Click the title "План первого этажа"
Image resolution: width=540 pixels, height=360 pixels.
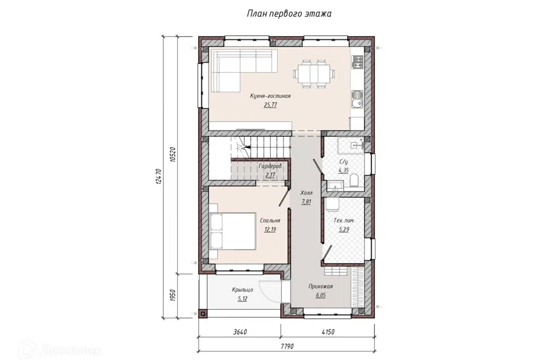point(289,13)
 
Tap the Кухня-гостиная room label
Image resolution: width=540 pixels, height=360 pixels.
point(270,96)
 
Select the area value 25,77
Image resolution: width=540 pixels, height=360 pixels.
point(271,105)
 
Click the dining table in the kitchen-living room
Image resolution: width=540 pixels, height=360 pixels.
point(314,74)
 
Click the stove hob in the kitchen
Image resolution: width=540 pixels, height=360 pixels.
point(358,62)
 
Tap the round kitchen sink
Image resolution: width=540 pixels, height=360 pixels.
point(356,94)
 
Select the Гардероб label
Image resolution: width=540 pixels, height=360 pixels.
point(271,166)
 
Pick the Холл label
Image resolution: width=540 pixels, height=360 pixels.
point(306,193)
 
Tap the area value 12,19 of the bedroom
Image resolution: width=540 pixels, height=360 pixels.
point(271,229)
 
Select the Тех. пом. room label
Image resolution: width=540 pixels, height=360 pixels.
point(344,220)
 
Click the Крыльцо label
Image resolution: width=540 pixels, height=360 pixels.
point(242,290)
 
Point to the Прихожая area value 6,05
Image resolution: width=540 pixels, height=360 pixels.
point(321,295)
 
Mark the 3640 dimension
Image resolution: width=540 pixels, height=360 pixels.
point(240,332)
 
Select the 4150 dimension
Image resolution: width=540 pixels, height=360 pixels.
point(327,332)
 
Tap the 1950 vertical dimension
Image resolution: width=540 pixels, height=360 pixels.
point(173,295)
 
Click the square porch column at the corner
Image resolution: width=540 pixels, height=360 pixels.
point(203,313)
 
